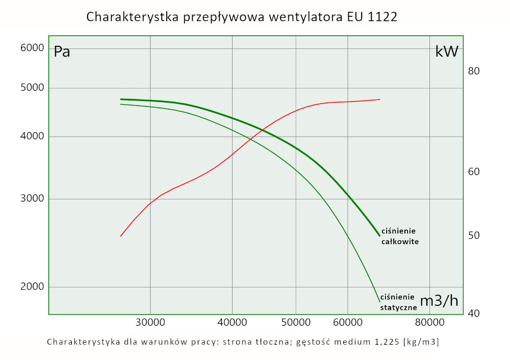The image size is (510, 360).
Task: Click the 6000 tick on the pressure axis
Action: (x=33, y=48)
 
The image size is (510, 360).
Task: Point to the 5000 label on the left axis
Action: (x=33, y=87)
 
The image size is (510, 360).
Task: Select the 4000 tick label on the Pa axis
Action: (x=33, y=136)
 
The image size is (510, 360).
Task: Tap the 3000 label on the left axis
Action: (x=33, y=199)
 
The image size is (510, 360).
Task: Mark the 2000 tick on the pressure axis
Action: (x=33, y=287)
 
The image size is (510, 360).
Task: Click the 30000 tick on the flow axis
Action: (x=150, y=323)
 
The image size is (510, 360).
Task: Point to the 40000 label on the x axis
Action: (x=232, y=323)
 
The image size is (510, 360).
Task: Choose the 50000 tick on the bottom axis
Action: (x=296, y=323)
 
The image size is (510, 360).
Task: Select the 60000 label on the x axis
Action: (x=347, y=323)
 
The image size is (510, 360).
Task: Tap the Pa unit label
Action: (x=62, y=52)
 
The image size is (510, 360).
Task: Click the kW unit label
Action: (x=447, y=52)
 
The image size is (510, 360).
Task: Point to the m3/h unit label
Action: (x=439, y=301)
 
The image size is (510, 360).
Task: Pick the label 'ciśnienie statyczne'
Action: (x=398, y=302)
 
